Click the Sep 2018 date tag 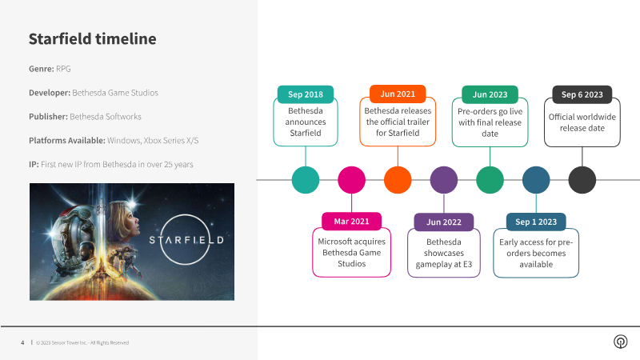coord(305,94)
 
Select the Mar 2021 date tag coord(351,221)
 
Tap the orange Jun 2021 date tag coord(398,94)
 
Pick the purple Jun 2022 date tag coord(444,221)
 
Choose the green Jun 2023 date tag coord(490,94)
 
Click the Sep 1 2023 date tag coord(536,221)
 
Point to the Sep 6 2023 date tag coord(582,94)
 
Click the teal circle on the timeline coord(305,180)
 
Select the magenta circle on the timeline coord(351,180)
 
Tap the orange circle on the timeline coord(398,180)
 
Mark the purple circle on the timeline coord(444,180)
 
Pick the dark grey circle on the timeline coord(582,180)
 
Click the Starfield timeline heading coord(92,39)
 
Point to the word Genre coord(41,69)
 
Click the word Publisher coord(48,117)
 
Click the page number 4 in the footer coord(22,342)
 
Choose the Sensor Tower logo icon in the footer coord(619,342)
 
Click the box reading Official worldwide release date coord(582,123)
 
